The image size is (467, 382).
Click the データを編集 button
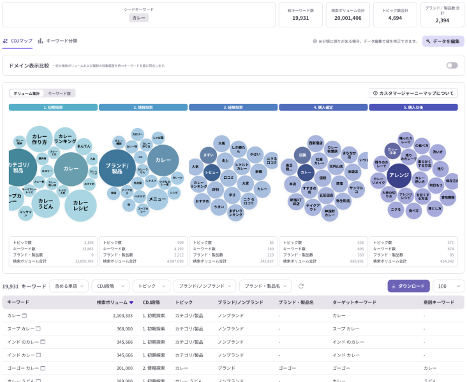coord(443,41)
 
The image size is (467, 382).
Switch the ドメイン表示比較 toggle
coord(452,66)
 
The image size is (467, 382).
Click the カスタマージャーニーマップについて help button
coord(413,93)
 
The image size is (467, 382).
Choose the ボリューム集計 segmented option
coord(27,93)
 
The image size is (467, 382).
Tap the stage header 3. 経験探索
coord(233,108)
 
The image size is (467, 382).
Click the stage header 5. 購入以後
coord(413,108)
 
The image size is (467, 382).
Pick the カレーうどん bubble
coord(45,203)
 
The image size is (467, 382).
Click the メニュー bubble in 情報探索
coord(158,199)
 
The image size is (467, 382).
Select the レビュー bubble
coord(212,172)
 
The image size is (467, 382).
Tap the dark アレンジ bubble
coord(399,175)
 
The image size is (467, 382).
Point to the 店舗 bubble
coord(302,153)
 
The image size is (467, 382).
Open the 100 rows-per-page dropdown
coord(448,286)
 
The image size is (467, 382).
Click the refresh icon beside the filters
coord(301,286)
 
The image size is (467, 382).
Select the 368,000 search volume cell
coord(120,329)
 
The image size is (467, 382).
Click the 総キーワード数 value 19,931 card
coord(300,15)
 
